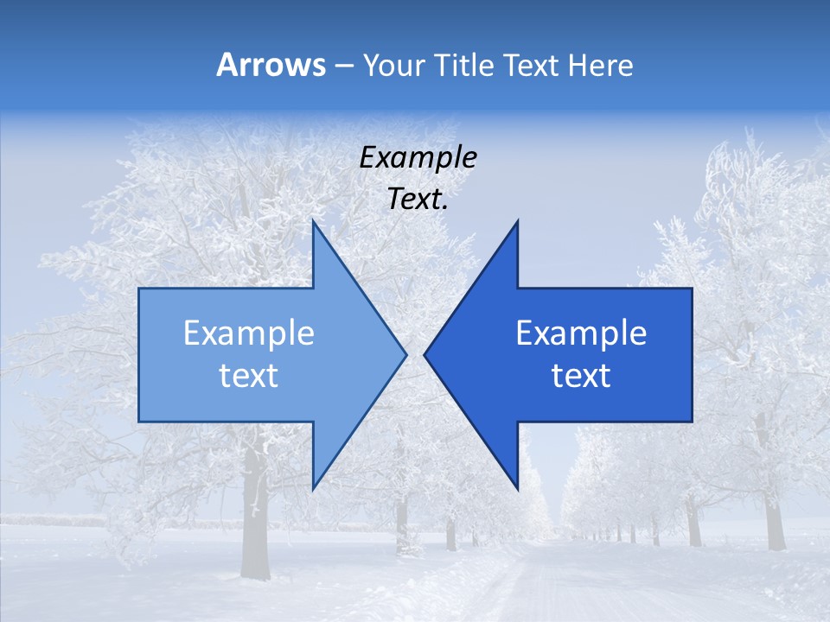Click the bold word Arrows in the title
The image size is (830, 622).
point(270,65)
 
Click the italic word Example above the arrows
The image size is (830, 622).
point(418,157)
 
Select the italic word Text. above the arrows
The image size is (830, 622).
point(418,200)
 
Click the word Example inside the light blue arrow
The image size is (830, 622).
point(249,333)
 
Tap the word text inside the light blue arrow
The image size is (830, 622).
point(249,375)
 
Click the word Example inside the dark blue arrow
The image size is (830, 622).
point(581,333)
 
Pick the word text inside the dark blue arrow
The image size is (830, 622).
point(581,375)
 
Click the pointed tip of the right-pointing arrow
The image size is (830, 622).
point(405,354)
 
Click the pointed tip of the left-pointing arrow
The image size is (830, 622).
point(425,354)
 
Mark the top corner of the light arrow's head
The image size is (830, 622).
point(313,222)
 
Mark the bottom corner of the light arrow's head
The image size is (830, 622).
point(313,488)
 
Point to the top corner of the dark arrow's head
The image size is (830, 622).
point(517,222)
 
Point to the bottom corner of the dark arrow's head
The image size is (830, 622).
point(517,488)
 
